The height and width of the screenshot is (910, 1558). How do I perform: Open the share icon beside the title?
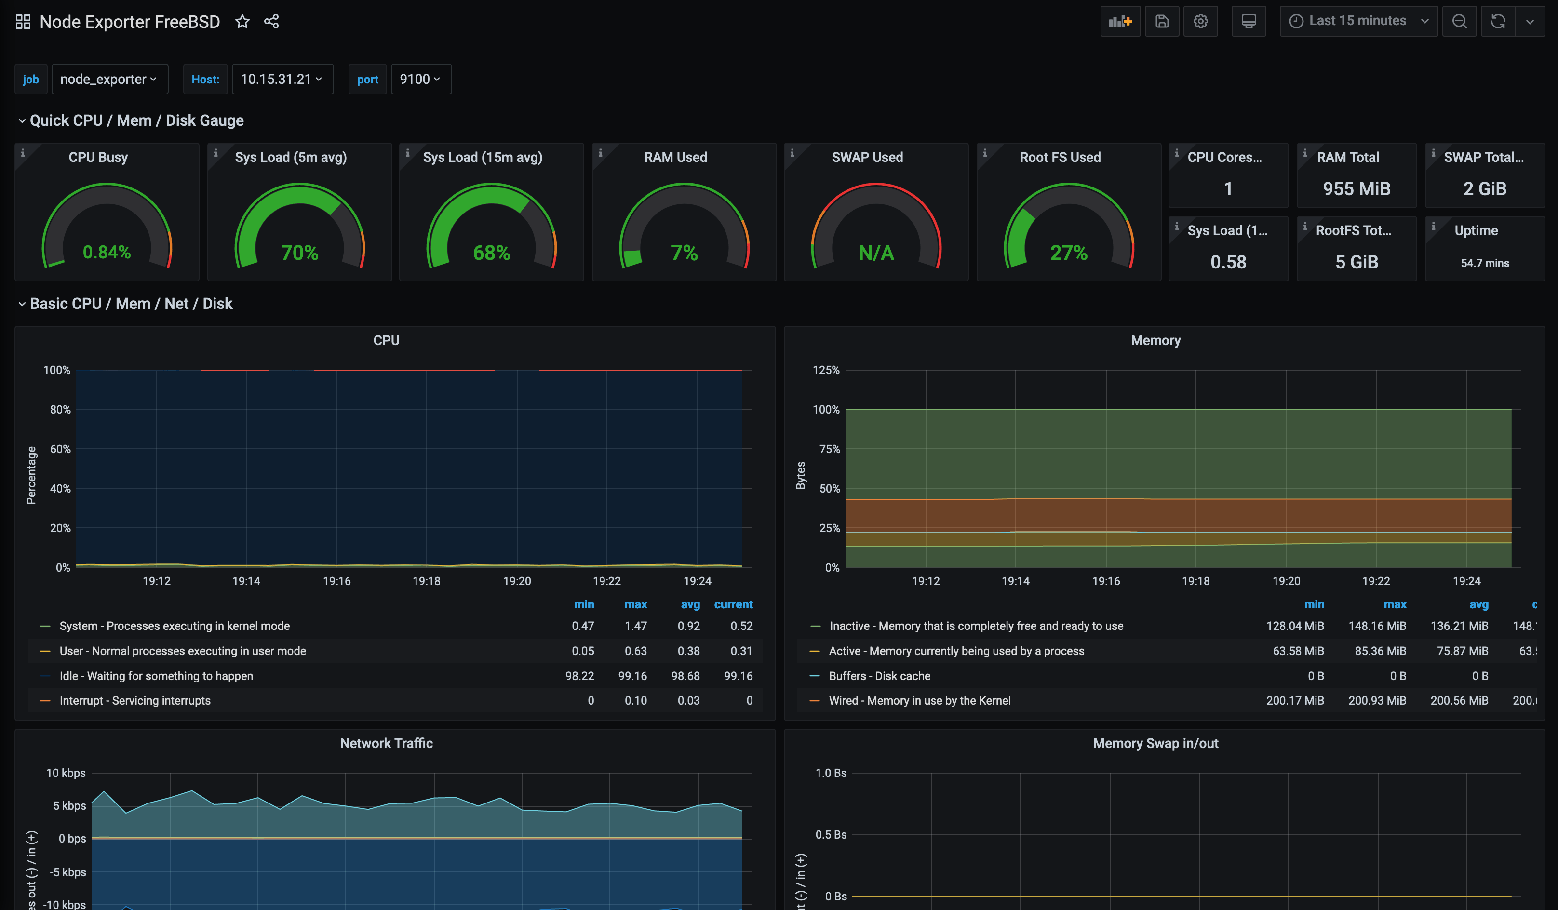tap(271, 22)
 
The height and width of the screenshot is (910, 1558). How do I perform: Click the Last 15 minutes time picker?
tap(1357, 21)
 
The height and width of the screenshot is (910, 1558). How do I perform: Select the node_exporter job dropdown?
tap(109, 79)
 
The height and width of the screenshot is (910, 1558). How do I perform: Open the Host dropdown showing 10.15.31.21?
tap(282, 79)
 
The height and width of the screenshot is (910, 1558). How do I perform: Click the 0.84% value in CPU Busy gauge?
tap(107, 252)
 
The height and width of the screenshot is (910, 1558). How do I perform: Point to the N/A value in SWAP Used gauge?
tap(875, 253)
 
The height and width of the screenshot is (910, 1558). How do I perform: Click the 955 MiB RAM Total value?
tap(1357, 188)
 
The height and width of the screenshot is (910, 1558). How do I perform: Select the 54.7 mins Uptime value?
tap(1484, 263)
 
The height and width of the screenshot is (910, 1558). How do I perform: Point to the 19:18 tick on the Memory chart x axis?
tap(1195, 581)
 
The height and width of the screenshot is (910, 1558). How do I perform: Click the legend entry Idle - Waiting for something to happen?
tap(156, 676)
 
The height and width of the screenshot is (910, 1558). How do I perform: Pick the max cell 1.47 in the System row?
tap(635, 626)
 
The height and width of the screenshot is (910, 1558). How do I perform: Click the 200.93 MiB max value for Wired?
tap(1377, 700)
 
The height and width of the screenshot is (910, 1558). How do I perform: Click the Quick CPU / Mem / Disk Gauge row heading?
tap(136, 120)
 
